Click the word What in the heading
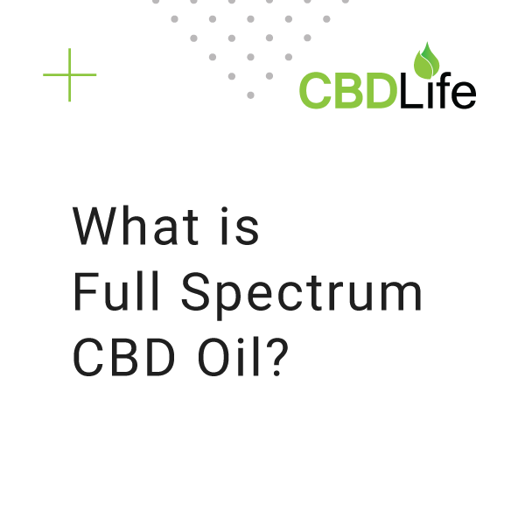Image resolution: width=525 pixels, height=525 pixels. tap(136, 227)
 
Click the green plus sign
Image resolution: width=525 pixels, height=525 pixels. tap(69, 74)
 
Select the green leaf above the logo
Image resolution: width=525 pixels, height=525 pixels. tap(428, 61)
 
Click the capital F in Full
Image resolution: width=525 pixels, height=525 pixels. tap(84, 294)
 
